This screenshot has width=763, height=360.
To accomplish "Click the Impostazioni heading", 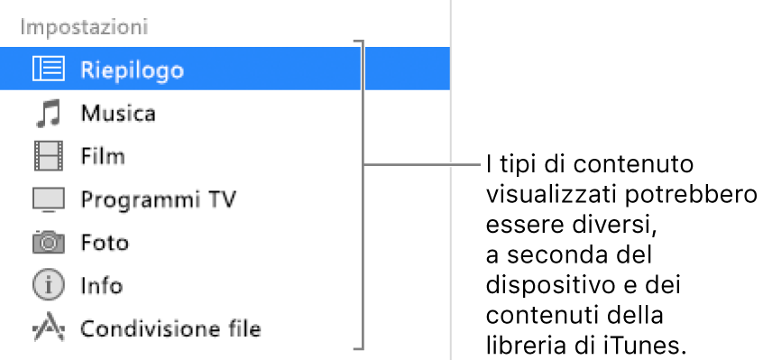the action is (85, 26).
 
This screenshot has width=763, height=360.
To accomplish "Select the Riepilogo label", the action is (132, 69).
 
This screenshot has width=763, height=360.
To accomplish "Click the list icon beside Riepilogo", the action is (49, 69).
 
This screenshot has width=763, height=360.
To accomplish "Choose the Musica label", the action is (118, 114).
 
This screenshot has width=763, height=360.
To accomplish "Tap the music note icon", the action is (48, 114).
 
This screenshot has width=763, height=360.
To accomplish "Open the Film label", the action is (102, 157).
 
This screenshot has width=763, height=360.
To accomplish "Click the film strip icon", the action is (49, 157).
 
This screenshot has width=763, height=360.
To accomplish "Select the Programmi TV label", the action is (158, 199).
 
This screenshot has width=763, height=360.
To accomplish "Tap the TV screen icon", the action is (49, 199).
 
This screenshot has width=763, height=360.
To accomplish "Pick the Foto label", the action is (105, 243).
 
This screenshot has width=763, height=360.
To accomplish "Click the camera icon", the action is (49, 242).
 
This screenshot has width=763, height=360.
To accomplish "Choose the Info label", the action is (101, 286).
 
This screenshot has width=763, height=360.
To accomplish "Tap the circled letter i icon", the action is (49, 286).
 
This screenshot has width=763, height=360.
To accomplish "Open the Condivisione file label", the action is (170, 329).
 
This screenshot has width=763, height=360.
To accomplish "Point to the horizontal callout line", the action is (424, 165).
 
